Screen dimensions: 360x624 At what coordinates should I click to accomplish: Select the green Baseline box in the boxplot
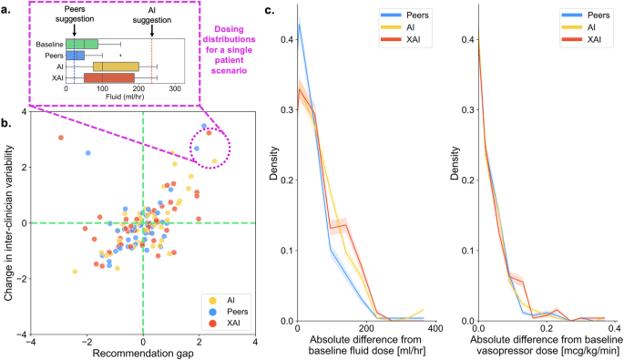[82, 44]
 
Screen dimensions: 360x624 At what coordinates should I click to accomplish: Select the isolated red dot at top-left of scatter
[60, 138]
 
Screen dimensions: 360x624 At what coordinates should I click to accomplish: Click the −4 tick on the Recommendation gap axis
[30, 341]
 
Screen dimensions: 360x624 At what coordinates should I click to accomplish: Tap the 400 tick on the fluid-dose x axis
[435, 329]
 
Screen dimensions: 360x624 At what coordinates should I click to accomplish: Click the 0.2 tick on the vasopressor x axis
[545, 329]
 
